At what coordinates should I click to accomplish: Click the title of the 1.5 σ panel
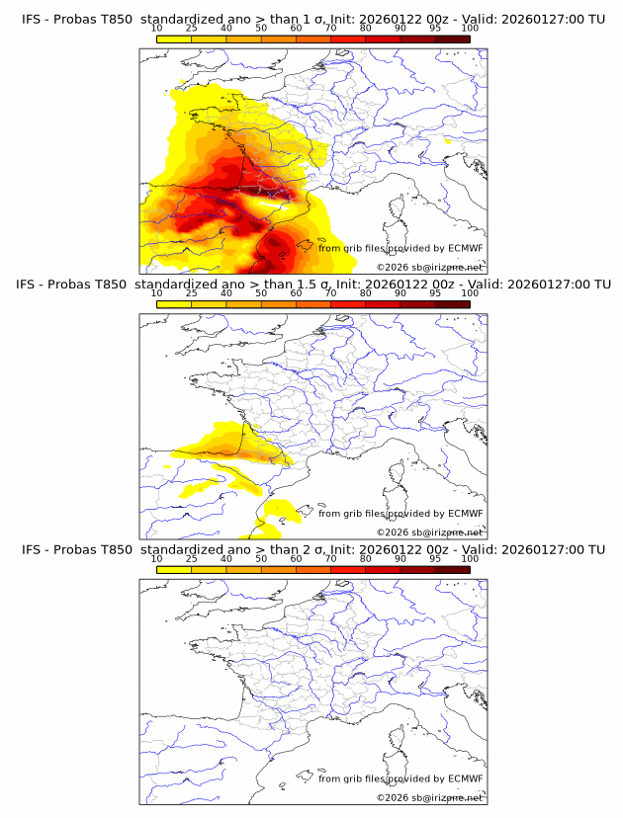[x=312, y=284]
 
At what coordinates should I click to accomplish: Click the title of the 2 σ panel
[x=312, y=549]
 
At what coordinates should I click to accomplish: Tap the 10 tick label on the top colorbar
[x=156, y=28]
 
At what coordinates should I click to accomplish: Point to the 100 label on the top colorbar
[x=470, y=28]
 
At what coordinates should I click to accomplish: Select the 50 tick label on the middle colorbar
[x=261, y=293]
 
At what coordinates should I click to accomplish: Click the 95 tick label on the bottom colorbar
[x=435, y=559]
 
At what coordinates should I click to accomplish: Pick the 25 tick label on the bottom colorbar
[x=191, y=559]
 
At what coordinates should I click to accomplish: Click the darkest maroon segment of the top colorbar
[x=452, y=39]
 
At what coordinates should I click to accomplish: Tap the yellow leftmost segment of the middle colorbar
[x=173, y=304]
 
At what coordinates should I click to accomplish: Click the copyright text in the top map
[x=430, y=268]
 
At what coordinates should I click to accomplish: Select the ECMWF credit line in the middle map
[x=400, y=514]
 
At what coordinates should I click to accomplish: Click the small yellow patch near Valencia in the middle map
[x=278, y=511]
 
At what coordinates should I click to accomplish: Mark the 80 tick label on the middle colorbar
[x=366, y=293]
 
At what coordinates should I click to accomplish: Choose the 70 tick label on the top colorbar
[x=330, y=28]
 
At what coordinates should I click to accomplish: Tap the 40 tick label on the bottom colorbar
[x=226, y=559]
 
